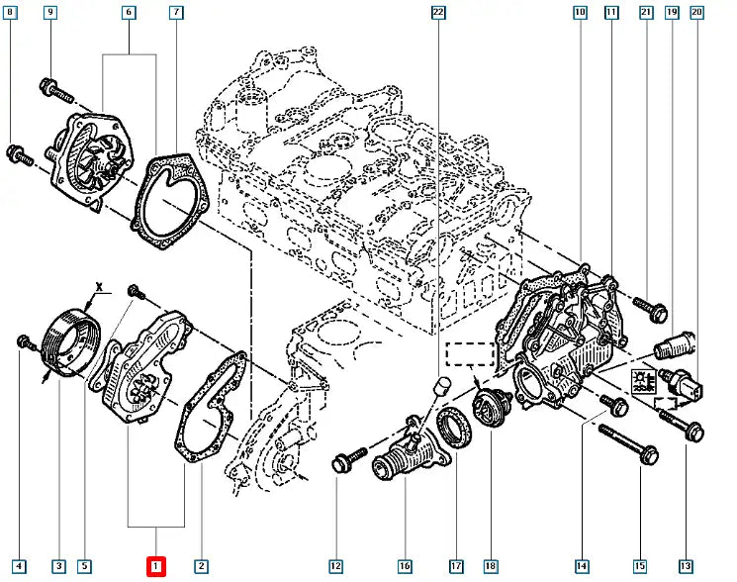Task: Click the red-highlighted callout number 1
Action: pyautogui.click(x=155, y=566)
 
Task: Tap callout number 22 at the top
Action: pyautogui.click(x=439, y=13)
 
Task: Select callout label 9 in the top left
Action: pyautogui.click(x=50, y=13)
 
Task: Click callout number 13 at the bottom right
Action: pyautogui.click(x=685, y=566)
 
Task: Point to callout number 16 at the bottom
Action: pyautogui.click(x=405, y=566)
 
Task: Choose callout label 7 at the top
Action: pyautogui.click(x=175, y=13)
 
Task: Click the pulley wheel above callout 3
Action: pyautogui.click(x=68, y=341)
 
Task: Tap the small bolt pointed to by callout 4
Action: pyautogui.click(x=25, y=342)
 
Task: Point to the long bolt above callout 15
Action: pyautogui.click(x=629, y=443)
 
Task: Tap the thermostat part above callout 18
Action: pyautogui.click(x=490, y=405)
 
